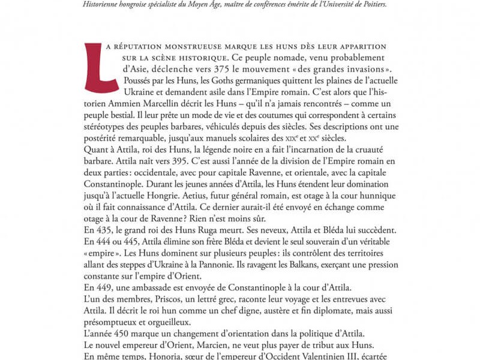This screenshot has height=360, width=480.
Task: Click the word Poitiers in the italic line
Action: [x=368, y=4]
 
